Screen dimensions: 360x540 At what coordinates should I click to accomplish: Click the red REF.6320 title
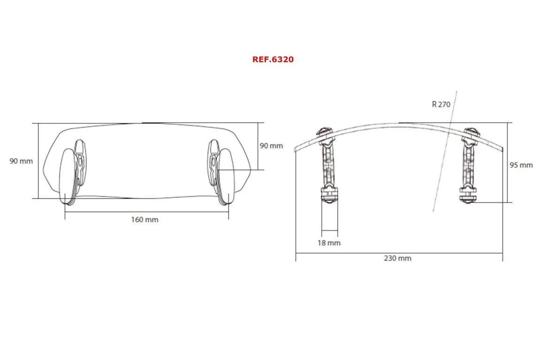point(273,60)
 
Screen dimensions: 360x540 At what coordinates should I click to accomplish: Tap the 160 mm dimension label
point(145,219)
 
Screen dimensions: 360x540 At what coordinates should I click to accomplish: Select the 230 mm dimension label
point(397,258)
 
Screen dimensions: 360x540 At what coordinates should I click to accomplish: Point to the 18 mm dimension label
point(329,243)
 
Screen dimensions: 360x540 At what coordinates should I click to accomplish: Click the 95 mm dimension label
point(521,165)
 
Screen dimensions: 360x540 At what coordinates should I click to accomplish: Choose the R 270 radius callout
point(441,104)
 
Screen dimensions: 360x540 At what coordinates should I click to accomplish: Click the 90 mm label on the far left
point(21,161)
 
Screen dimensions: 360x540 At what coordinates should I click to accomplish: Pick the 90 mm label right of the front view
point(271,145)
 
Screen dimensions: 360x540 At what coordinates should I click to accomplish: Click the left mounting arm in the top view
point(328,164)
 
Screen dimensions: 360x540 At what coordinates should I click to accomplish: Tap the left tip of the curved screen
point(296,149)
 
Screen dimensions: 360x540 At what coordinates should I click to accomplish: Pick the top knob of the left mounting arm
point(324,132)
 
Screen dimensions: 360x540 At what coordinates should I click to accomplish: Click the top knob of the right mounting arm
point(471,132)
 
